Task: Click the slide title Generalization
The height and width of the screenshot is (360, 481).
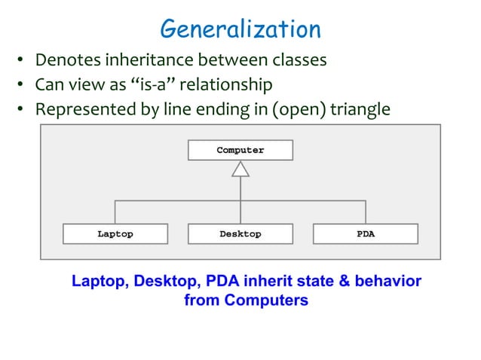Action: click(240, 29)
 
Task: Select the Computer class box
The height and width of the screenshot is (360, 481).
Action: click(240, 150)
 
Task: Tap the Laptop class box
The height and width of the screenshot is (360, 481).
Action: click(115, 234)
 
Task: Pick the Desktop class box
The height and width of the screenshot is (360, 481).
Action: click(240, 234)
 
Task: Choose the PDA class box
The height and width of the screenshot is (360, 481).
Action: click(365, 234)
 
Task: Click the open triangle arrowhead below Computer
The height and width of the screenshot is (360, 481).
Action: click(240, 169)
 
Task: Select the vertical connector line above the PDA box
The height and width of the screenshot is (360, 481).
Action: click(366, 212)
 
